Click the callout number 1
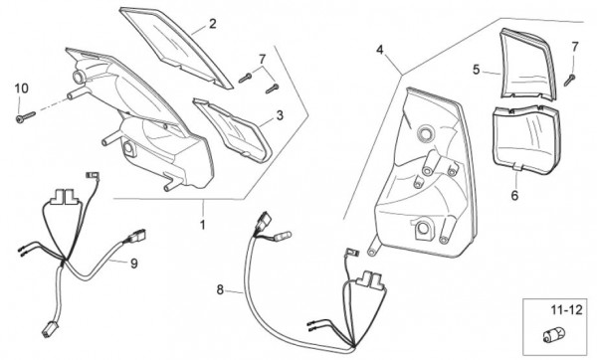[x=203, y=225]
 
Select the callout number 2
[x=213, y=24]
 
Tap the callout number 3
[x=280, y=115]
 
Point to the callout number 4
[x=380, y=50]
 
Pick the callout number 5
[x=476, y=70]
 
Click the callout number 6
[x=514, y=196]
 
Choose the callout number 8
[x=220, y=289]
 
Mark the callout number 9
[x=134, y=264]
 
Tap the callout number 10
[x=21, y=89]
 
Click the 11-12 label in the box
[x=567, y=310]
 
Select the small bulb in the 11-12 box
[x=549, y=336]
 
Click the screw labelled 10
[x=26, y=116]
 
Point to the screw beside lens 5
[x=569, y=80]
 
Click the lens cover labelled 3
[x=232, y=129]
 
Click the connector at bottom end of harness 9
[x=48, y=328]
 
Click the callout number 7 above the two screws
[x=262, y=60]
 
